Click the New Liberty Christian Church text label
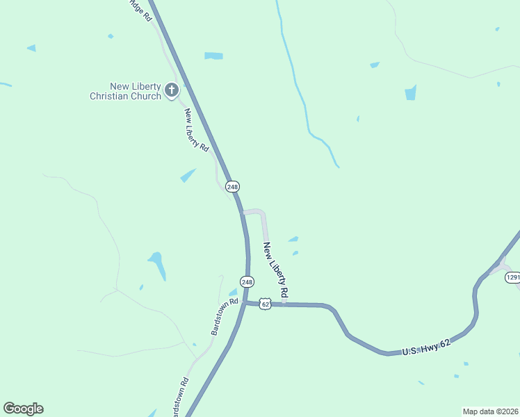pos(125,91)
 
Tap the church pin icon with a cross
pos(172,90)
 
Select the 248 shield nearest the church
pos(233,186)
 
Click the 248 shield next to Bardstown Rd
pos(247,281)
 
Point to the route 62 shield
pos(265,304)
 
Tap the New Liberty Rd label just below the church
pos(197,130)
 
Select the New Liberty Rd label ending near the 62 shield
pos(276,271)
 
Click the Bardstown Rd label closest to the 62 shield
pos(225,317)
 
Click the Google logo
pos(23,409)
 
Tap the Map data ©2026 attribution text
pos(489,411)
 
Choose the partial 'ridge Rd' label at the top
pos(139,8)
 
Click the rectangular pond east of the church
pos(213,56)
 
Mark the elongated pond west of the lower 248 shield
pos(157,265)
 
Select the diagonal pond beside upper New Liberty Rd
pos(188,175)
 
